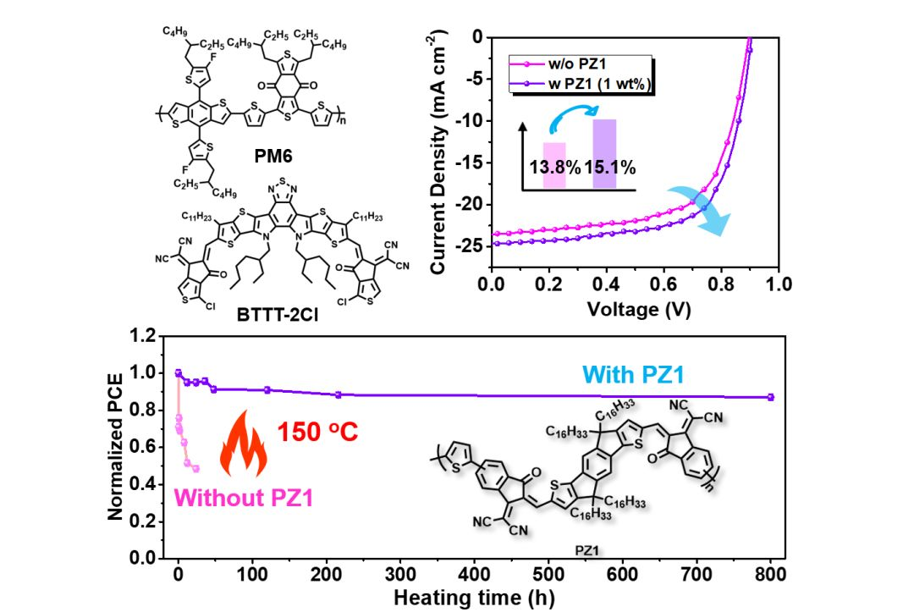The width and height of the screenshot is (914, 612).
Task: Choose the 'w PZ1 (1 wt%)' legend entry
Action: (x=592, y=83)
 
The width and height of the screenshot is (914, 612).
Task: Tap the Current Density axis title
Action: (x=438, y=154)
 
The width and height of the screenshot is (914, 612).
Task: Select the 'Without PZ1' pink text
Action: (x=244, y=498)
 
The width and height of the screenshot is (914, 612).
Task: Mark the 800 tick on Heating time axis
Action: (x=770, y=575)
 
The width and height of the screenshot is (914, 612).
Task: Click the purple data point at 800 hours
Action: (x=770, y=397)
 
